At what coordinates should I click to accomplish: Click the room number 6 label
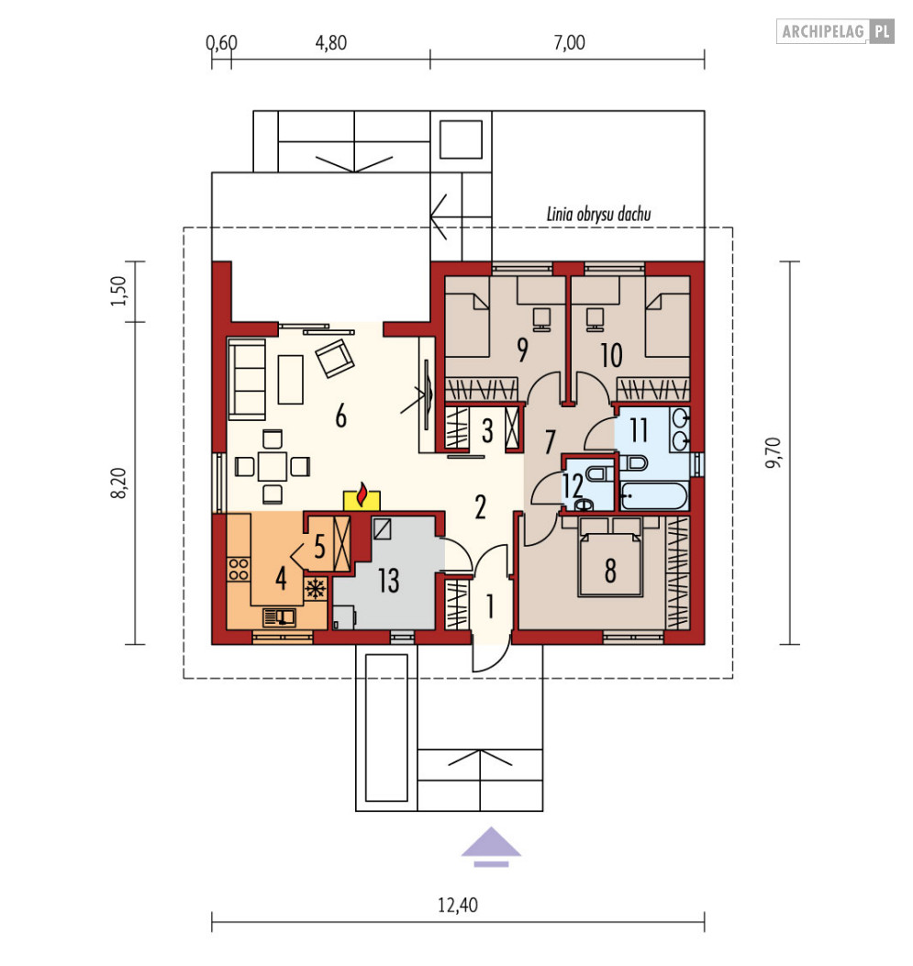340,416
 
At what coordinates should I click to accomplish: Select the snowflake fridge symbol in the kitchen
316,589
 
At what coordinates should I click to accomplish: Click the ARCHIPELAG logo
835,31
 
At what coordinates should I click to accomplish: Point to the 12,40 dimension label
458,905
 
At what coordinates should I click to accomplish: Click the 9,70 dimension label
774,453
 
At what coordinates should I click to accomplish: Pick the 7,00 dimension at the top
569,42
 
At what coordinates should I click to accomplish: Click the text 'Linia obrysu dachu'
599,214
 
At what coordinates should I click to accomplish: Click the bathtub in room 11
653,496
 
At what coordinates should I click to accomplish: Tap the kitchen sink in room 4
280,617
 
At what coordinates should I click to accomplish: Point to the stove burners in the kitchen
239,570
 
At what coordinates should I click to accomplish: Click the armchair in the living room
335,358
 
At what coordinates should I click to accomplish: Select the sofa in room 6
247,379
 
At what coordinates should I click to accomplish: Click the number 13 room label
389,581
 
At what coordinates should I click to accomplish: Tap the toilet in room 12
597,473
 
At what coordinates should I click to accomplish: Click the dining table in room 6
273,466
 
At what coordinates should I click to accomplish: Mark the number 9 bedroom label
522,350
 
